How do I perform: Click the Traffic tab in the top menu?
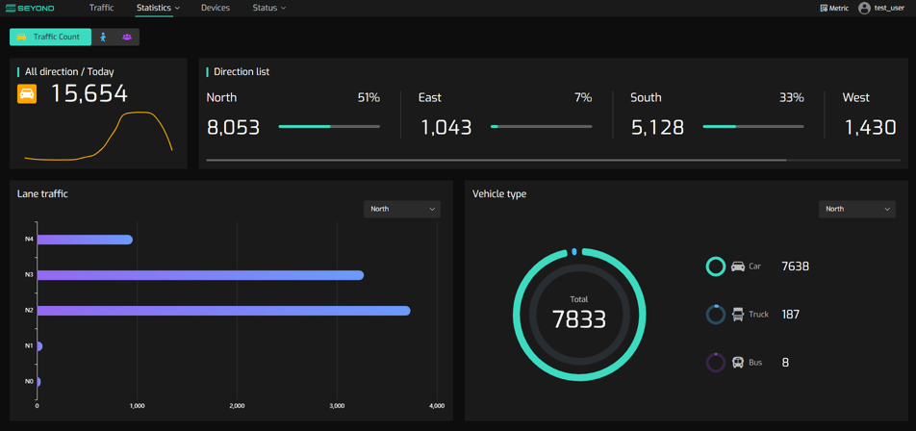click(101, 8)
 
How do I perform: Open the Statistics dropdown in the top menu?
click(158, 8)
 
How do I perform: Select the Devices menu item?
click(215, 8)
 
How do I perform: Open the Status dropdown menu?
click(268, 8)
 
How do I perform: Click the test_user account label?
click(888, 8)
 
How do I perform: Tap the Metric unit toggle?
click(834, 8)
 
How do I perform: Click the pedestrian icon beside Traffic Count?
click(103, 37)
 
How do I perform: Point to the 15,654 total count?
click(89, 93)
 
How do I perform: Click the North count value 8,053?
click(233, 127)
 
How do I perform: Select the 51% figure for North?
click(369, 97)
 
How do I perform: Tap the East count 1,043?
click(445, 127)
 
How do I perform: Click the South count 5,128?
click(657, 127)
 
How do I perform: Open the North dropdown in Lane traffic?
click(402, 209)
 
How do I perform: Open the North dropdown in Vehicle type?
click(857, 209)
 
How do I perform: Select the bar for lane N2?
click(223, 311)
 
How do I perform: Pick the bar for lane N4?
click(85, 240)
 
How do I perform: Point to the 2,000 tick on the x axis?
click(237, 406)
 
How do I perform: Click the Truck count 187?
click(790, 315)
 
